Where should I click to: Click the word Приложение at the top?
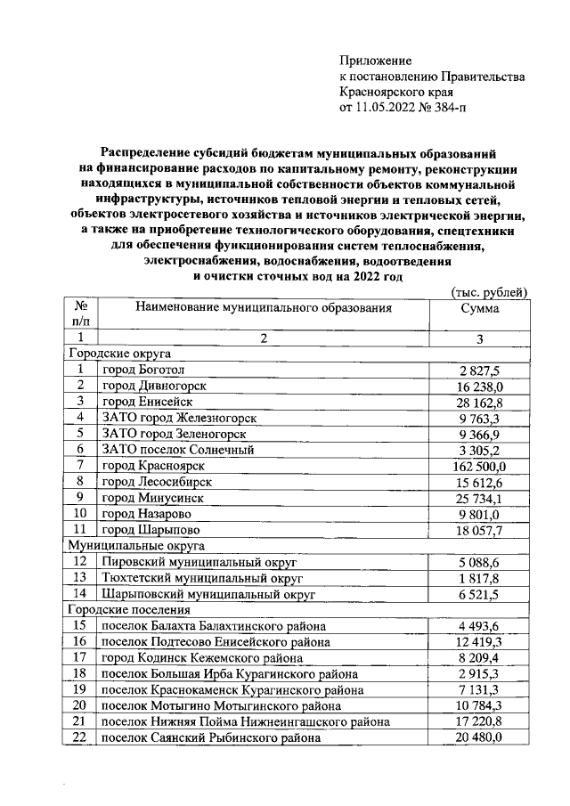(376, 61)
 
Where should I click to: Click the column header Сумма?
(479, 308)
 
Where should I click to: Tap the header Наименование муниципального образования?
(263, 308)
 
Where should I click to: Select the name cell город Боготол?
(145, 370)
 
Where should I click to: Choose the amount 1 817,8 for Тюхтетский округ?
(480, 577)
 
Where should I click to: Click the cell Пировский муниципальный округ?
(199, 562)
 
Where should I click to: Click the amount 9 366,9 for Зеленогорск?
(480, 434)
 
